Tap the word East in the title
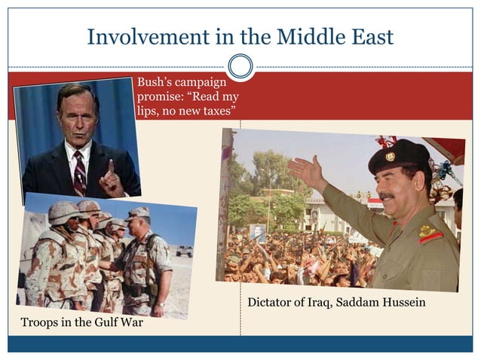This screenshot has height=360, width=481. (367, 36)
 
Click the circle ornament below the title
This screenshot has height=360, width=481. (240, 66)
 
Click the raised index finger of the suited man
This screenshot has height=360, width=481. (110, 167)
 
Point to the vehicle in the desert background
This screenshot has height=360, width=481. (183, 251)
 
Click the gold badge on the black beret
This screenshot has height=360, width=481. (390, 157)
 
